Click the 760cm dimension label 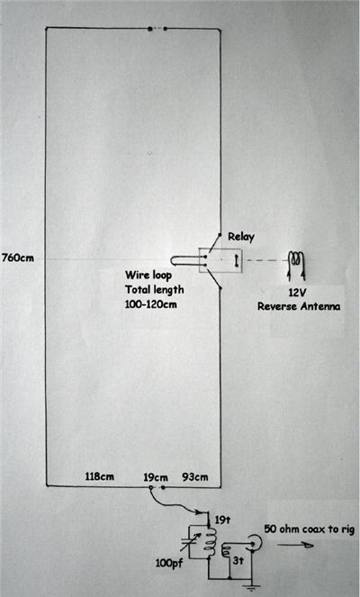[17, 258]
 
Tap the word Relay [241, 237]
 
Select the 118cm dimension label [100, 476]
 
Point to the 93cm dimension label [195, 477]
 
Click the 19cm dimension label [156, 477]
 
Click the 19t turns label [222, 520]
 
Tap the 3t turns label [238, 560]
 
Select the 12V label [298, 294]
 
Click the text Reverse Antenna [299, 306]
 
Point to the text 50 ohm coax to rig [310, 529]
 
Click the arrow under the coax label [295, 545]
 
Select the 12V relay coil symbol [297, 264]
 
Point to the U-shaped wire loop [173, 260]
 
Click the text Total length [155, 290]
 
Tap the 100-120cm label [150, 304]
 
